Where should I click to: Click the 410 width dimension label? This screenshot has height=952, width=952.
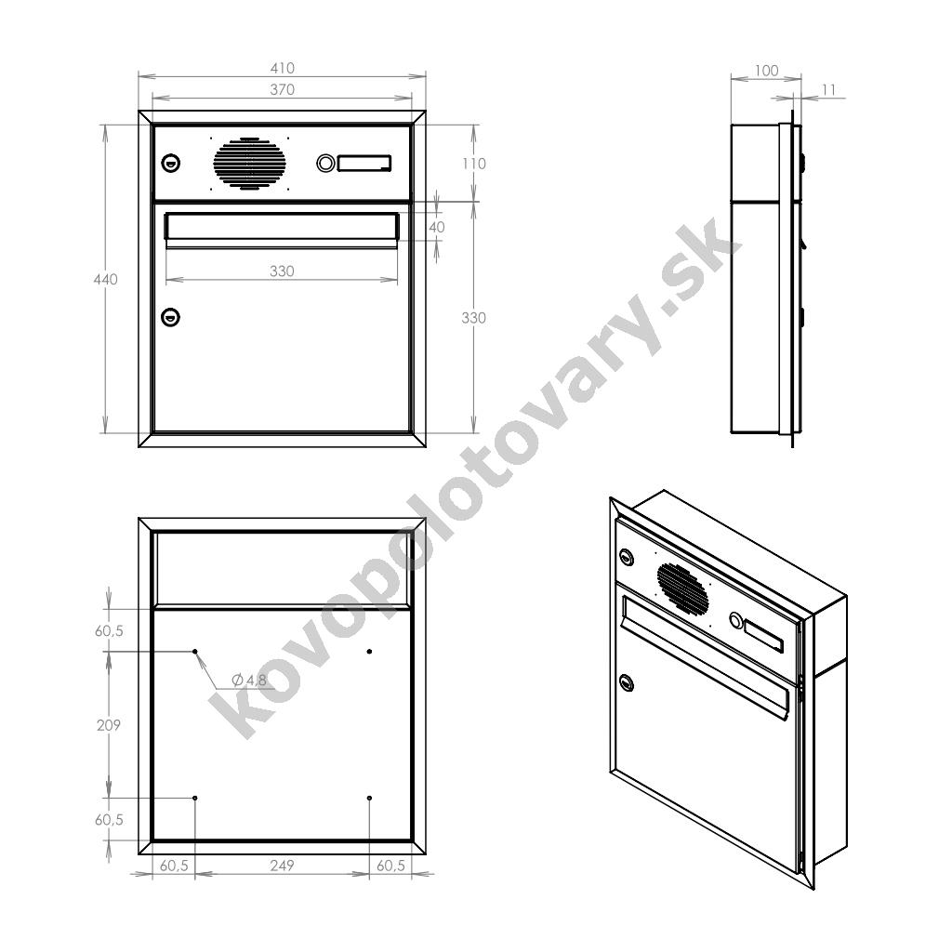(283, 68)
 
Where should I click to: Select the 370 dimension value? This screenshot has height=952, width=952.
(283, 90)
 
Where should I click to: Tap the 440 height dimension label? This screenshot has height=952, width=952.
(106, 279)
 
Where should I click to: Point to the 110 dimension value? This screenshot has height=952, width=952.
(473, 164)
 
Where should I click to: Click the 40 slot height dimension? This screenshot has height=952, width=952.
(437, 227)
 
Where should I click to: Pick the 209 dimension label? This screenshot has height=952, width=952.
(109, 725)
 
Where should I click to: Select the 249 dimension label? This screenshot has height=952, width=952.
(283, 866)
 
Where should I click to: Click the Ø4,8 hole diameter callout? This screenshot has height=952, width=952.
(249, 680)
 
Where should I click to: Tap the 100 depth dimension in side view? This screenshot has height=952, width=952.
(766, 71)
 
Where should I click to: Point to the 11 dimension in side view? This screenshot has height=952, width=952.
(828, 90)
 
